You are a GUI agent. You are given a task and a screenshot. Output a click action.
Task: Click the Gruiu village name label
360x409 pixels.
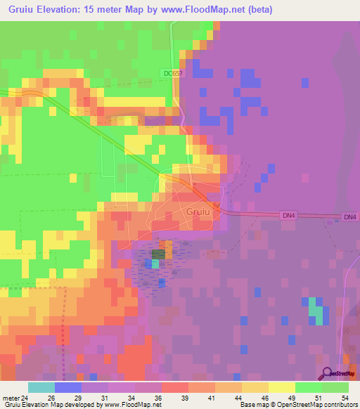198,211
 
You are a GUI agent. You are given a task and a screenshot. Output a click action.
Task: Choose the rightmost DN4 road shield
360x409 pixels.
349,218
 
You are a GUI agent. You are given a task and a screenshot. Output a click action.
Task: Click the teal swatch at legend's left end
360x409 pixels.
41,387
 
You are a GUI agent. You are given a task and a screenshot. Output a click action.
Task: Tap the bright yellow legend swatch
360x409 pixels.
281,387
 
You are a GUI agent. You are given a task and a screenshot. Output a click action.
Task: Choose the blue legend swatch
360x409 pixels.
67,387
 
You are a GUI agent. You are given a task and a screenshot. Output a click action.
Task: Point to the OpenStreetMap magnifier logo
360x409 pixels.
326,373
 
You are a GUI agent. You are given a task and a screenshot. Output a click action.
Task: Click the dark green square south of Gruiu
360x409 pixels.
159,253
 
